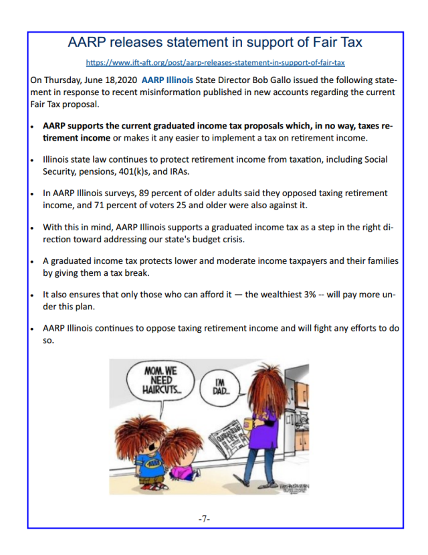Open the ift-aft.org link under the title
click(x=215, y=63)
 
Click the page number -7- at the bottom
click(x=205, y=520)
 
